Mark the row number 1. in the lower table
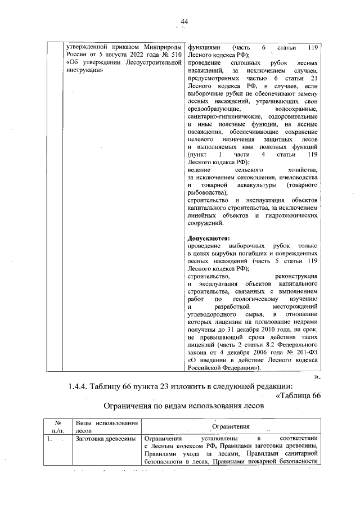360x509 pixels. (x=50, y=439)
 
